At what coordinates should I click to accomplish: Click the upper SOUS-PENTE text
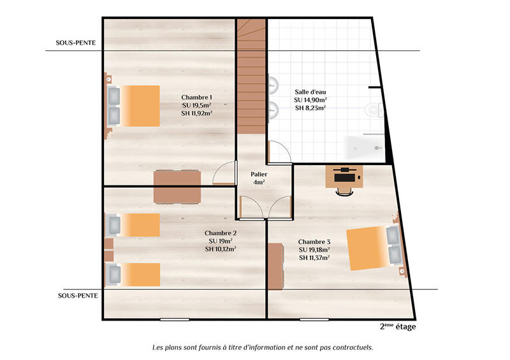pyautogui.click(x=76, y=45)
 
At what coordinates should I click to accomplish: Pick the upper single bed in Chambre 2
pyautogui.click(x=134, y=225)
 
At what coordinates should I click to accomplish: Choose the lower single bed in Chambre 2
pyautogui.click(x=134, y=275)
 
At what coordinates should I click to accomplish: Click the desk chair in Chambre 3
pyautogui.click(x=345, y=187)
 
